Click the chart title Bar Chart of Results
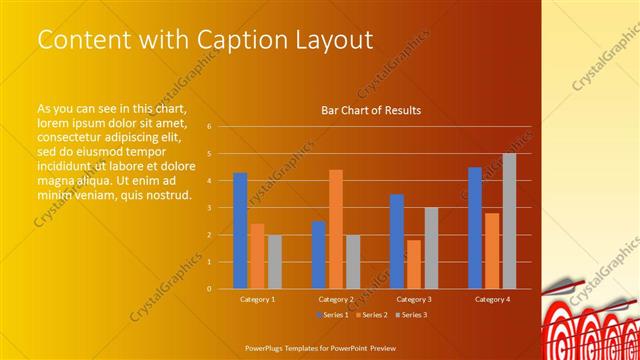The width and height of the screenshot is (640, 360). click(x=370, y=110)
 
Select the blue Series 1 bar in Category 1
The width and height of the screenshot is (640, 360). click(x=240, y=230)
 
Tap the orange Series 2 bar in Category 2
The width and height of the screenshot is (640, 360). click(x=336, y=229)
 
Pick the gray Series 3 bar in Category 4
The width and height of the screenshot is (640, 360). click(x=509, y=220)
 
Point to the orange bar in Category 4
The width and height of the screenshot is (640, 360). click(x=492, y=250)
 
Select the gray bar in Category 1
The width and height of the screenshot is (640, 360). click(x=274, y=261)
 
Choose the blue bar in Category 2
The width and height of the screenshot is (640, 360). click(x=318, y=254)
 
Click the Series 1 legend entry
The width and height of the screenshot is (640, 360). click(x=333, y=315)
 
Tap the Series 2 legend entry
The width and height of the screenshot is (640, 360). click(x=371, y=315)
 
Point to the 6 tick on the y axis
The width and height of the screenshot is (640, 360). click(x=208, y=127)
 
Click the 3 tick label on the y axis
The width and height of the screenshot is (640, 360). click(x=208, y=208)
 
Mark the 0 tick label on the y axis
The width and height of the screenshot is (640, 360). click(x=208, y=288)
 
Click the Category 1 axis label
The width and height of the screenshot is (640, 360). click(x=257, y=299)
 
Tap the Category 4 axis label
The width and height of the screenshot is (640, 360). click(x=492, y=299)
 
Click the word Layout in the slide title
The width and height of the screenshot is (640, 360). click(x=336, y=40)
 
